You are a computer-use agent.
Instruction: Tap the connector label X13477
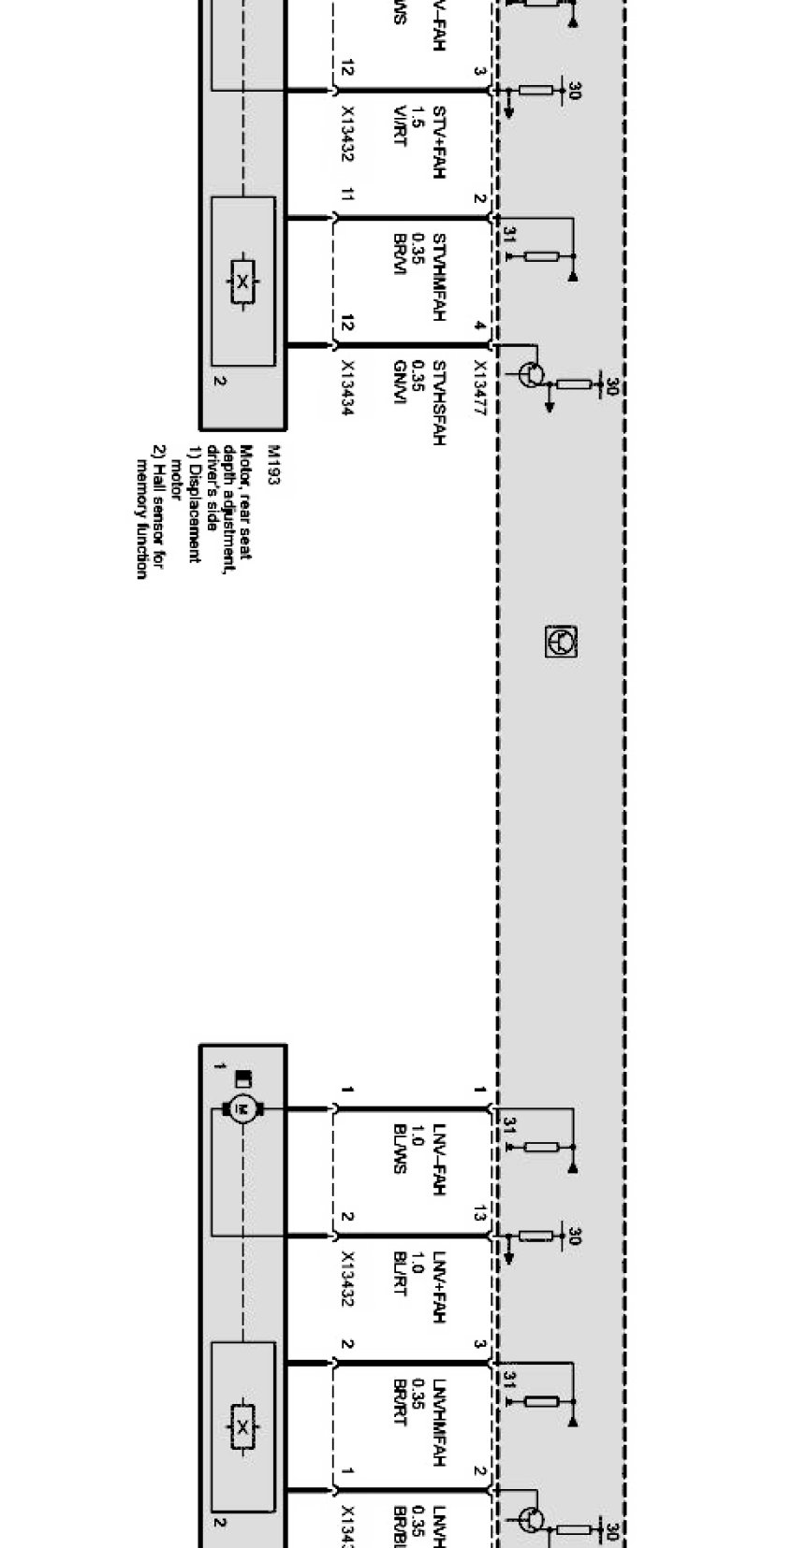click(479, 387)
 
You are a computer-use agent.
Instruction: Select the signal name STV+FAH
click(438, 141)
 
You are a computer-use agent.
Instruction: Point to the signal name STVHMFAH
click(438, 278)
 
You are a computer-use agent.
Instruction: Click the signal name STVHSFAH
click(438, 402)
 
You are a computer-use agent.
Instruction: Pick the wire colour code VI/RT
click(399, 126)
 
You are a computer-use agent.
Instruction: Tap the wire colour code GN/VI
click(399, 379)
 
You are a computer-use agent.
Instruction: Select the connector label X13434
click(347, 387)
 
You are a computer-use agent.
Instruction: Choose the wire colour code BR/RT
click(399, 1400)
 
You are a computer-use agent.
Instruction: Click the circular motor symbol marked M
click(242, 1109)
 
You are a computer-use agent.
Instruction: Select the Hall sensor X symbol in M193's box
click(242, 282)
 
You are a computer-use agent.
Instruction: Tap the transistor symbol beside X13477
click(531, 374)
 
